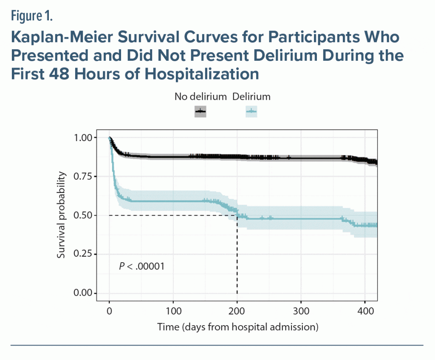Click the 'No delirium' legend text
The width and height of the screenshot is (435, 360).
click(201, 96)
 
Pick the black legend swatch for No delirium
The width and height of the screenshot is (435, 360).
click(201, 111)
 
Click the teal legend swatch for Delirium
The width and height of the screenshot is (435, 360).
click(251, 111)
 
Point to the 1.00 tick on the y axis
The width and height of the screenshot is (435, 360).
click(82, 138)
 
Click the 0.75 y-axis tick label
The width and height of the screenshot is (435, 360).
click(82, 176)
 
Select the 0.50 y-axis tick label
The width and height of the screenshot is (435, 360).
click(82, 215)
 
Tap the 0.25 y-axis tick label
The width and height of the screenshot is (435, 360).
click(82, 254)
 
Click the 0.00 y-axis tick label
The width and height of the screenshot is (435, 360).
click(82, 293)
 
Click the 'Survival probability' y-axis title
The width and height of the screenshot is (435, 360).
click(62, 215)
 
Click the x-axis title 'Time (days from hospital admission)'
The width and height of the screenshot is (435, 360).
click(238, 327)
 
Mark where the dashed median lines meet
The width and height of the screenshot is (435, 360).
click(237, 215)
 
